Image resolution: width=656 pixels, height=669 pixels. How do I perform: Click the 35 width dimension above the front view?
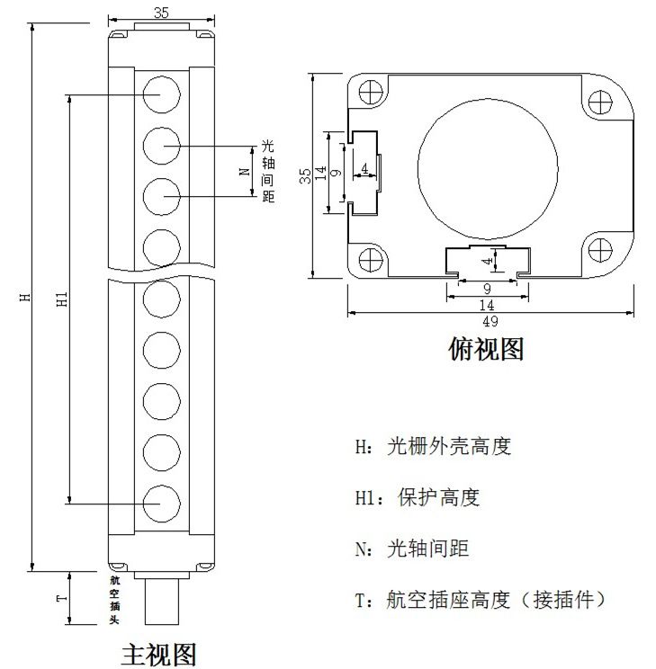[160, 13]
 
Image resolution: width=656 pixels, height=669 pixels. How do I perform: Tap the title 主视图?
[158, 653]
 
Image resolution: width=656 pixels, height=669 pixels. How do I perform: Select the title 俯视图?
[485, 348]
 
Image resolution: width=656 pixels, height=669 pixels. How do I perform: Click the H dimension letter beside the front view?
[25, 296]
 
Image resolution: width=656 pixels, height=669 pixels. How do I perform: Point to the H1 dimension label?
[61, 299]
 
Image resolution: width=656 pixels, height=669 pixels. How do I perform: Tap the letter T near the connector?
[60, 598]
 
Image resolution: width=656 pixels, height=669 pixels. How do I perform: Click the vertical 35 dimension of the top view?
[305, 175]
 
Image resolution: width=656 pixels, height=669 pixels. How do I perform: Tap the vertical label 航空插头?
[114, 600]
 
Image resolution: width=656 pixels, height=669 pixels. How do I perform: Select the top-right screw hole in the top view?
[601, 101]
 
